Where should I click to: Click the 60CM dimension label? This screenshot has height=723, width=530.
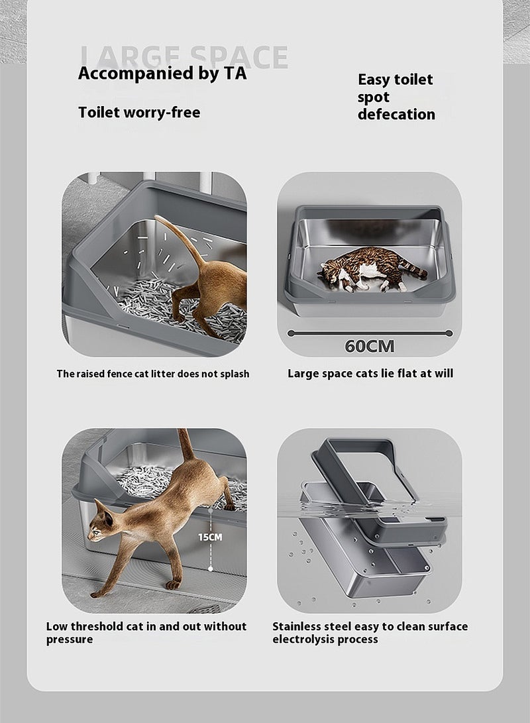[369, 346]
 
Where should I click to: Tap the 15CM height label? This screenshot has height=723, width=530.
[210, 537]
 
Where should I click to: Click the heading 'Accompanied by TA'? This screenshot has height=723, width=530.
[162, 73]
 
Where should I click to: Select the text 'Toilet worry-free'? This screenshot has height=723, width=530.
[139, 112]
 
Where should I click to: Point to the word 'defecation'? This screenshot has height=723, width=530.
[396, 114]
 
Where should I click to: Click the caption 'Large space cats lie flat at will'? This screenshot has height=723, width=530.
[370, 373]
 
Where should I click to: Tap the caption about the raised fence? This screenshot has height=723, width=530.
[153, 374]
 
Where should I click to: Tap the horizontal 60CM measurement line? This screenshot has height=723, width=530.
[369, 333]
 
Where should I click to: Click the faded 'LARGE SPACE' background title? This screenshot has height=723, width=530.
[184, 56]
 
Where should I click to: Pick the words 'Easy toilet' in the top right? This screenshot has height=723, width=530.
[395, 80]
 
